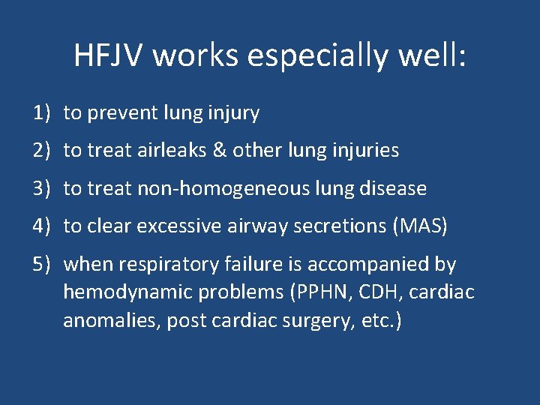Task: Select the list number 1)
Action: (41, 113)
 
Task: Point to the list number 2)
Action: (41, 151)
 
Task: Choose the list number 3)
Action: (41, 188)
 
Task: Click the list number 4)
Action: (41, 226)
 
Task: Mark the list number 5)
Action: (41, 264)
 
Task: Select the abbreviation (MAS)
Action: (419, 226)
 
